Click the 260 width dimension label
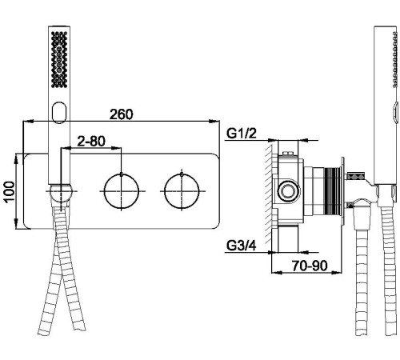coord(121,114)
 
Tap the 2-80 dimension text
coord(91,141)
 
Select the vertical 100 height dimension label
coord(10,192)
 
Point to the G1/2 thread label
coord(241,134)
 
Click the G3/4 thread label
coord(241,246)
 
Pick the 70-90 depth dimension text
coord(310,266)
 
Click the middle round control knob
coord(122,191)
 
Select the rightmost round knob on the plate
coord(182,191)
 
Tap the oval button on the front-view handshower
coord(59,112)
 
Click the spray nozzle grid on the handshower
coord(59,59)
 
